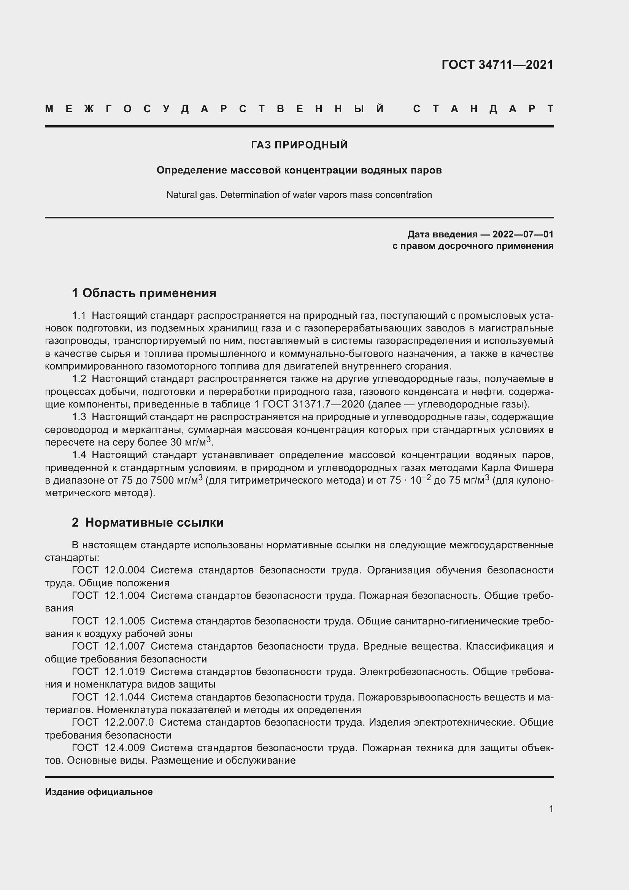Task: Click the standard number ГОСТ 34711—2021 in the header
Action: (497, 65)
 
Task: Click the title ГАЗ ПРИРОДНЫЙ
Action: (299, 145)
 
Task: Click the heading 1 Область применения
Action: (144, 293)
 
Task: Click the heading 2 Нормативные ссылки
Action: (148, 522)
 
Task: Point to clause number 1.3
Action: (79, 417)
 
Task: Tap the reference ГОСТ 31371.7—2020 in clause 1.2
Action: (313, 404)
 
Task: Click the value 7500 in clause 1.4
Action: (162, 480)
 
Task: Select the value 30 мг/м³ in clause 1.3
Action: (190, 442)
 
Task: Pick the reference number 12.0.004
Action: (124, 570)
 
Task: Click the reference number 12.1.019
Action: (124, 672)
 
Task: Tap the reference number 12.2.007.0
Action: (129, 723)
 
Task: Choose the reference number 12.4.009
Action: (124, 748)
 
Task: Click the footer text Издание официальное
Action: (99, 792)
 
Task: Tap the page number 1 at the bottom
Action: (551, 809)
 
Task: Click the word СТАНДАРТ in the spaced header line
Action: (483, 109)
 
